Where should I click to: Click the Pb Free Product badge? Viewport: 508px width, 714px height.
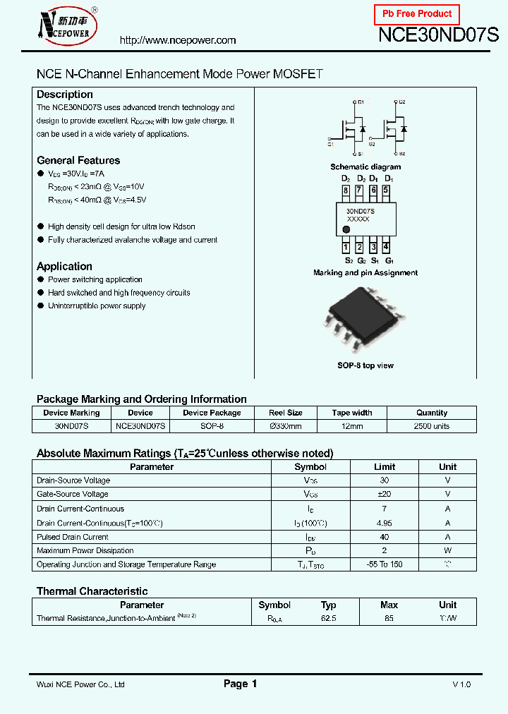point(416,14)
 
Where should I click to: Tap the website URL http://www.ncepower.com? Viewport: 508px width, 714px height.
point(178,41)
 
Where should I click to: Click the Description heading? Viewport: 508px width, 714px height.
point(65,95)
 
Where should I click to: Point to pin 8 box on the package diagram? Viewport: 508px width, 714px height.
point(346,190)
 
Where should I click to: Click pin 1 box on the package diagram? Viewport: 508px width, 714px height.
point(346,247)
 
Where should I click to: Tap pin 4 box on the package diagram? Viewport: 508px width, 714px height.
point(386,247)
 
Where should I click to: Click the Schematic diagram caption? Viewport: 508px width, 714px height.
point(365,167)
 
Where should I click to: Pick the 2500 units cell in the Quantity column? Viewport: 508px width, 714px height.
point(432,426)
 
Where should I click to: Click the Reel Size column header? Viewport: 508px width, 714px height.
point(286,413)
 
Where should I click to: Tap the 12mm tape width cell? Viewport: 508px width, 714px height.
point(352,426)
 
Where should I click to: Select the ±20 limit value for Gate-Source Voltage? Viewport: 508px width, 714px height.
point(385,495)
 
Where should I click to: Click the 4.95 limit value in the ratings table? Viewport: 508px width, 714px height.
point(385,523)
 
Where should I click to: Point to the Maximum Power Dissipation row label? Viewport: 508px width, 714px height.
point(85,550)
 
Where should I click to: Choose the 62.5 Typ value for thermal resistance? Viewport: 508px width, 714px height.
point(329,618)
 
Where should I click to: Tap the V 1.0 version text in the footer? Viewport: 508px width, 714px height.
point(461,684)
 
